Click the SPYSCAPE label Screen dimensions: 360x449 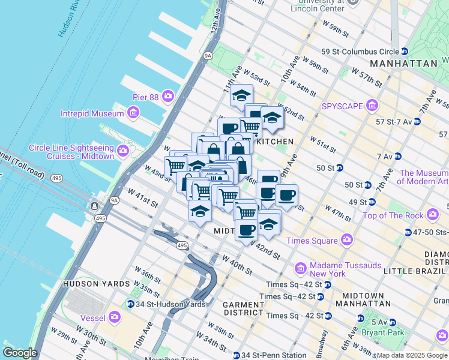[x=343, y=106]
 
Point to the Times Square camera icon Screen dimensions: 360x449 [x=346, y=240]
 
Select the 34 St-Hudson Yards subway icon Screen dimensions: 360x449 [x=131, y=304]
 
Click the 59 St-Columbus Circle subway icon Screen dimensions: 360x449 [x=405, y=52]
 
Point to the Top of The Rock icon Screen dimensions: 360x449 [x=432, y=215]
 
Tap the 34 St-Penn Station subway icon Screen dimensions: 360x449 [x=237, y=355]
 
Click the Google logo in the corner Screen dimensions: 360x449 [x=20, y=353]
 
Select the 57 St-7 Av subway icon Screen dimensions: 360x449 [x=417, y=122]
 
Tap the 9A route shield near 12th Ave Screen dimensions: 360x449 [x=208, y=56]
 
